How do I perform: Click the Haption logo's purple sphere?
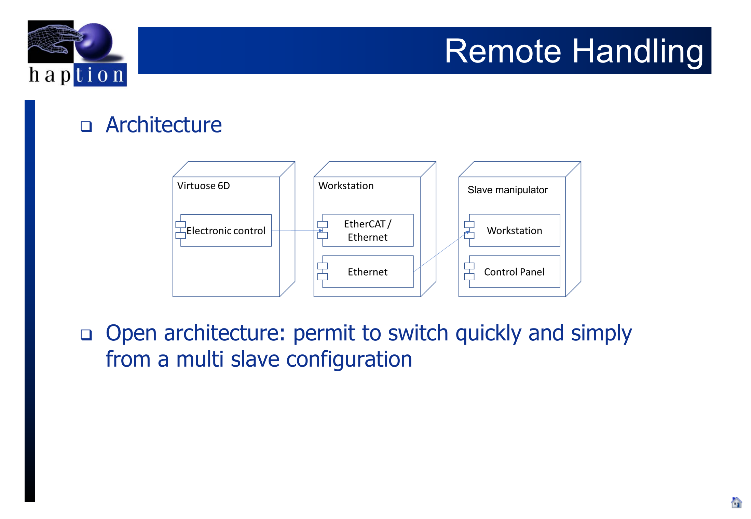[94, 42]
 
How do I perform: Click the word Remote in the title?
[503, 51]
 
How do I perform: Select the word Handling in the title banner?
[638, 52]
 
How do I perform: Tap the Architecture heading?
[164, 125]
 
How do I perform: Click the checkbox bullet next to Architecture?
[86, 126]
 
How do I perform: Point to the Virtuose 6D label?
[204, 186]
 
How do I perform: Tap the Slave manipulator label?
[507, 190]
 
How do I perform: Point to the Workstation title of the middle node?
[346, 186]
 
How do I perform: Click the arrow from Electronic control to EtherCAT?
[297, 231]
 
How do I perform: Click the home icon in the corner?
[736, 503]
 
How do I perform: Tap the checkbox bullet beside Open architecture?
[86, 335]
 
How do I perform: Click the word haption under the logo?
[77, 75]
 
